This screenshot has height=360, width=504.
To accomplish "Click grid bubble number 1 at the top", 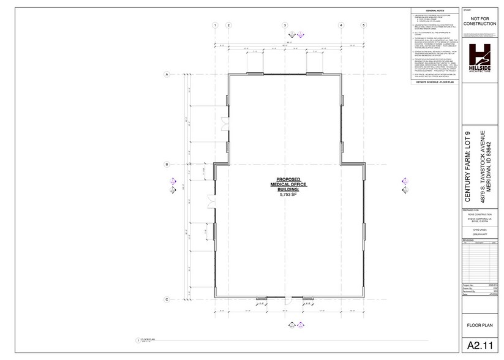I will [215, 25].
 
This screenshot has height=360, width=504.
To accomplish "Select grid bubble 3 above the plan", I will [285, 25].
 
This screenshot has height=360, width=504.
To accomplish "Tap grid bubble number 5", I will [363, 25].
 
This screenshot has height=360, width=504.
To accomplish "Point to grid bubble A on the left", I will [167, 74].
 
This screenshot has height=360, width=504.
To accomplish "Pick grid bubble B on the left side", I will [167, 164].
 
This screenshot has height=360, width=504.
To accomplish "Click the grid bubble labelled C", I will [167, 299].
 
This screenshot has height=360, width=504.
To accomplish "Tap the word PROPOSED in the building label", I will [288, 180].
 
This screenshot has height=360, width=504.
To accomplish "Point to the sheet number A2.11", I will [480, 346].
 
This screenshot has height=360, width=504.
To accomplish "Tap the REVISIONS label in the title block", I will [469, 240].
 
